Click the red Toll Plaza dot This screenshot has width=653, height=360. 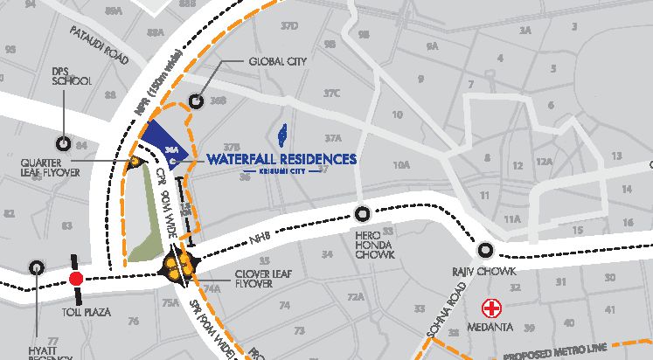pyautogui.click(x=76, y=279)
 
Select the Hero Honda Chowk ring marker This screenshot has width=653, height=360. pyautogui.click(x=364, y=211)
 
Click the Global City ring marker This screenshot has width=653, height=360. pyautogui.click(x=197, y=100)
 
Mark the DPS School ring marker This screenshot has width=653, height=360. pyautogui.click(x=63, y=143)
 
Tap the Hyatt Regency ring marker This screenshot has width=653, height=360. pyautogui.click(x=37, y=267)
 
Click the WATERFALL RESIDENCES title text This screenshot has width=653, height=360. pyautogui.click(x=282, y=159)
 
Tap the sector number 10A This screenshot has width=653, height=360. pyautogui.click(x=401, y=164)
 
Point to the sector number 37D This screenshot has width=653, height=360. pyautogui.click(x=288, y=27)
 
